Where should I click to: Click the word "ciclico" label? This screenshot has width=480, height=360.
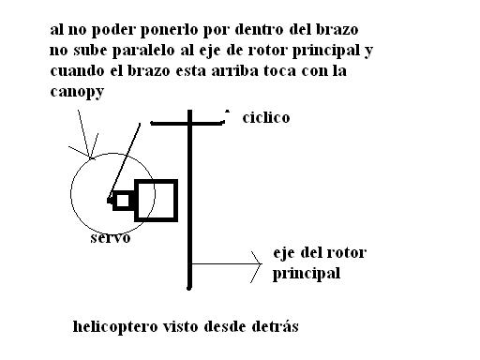coord(266,118)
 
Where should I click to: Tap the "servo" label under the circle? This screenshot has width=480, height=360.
coord(111,238)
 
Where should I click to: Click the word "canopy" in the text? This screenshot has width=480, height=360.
coord(77,92)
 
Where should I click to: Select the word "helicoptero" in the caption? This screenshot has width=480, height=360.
coord(115,327)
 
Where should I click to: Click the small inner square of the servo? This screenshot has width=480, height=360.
coord(123,201)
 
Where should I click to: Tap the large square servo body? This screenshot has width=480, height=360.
coord(156,201)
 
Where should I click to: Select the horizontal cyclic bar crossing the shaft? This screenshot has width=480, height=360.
coord(187,124)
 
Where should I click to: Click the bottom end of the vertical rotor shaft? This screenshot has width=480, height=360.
coord(188,288)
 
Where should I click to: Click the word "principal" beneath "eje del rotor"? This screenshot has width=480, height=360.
coord(307,274)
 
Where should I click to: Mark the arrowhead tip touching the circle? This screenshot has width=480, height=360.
coord(90,157)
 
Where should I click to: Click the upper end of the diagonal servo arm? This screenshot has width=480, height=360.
coord(140,124)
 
